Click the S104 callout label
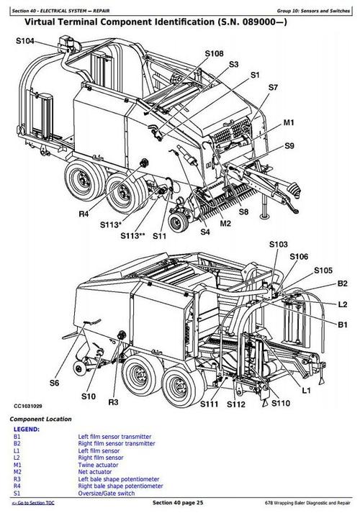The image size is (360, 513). pyautogui.click(x=24, y=42)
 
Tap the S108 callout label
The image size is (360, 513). pyautogui.click(x=214, y=54)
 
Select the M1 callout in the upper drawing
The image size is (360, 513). pyautogui.click(x=288, y=123)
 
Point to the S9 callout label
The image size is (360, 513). pyautogui.click(x=289, y=146)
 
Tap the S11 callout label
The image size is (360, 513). pyautogui.click(x=159, y=235)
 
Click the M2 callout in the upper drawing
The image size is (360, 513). pyautogui.click(x=225, y=224)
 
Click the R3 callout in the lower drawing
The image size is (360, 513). pyautogui.click(x=113, y=401)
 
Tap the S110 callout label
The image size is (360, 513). pyautogui.click(x=280, y=404)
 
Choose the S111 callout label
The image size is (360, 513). pyautogui.click(x=210, y=406)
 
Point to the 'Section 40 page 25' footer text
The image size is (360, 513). pyautogui.click(x=181, y=502)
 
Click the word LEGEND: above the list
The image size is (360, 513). pyautogui.click(x=27, y=430)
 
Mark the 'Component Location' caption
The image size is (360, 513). pyautogui.click(x=40, y=419)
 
